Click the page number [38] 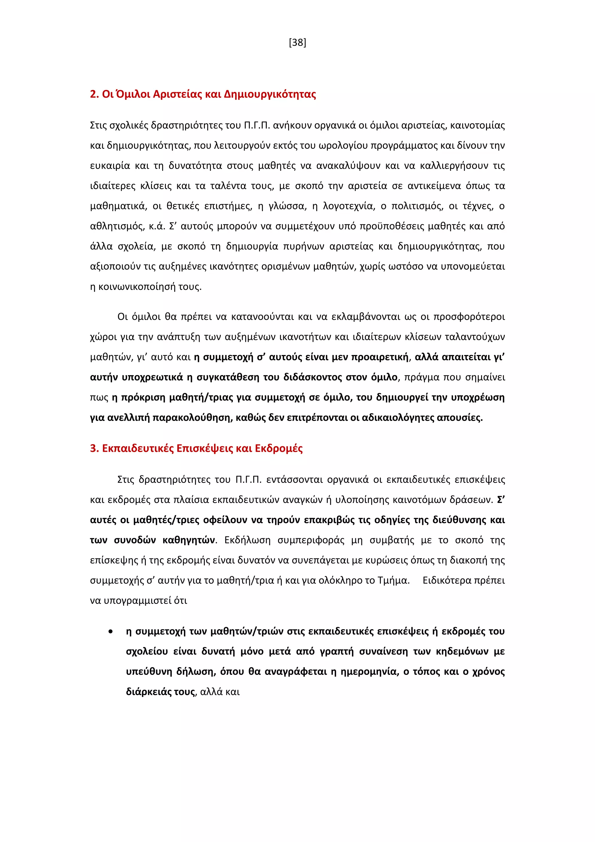click(x=297, y=43)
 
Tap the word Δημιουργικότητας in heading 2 click(x=270, y=94)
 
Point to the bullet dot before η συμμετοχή click(x=110, y=631)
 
